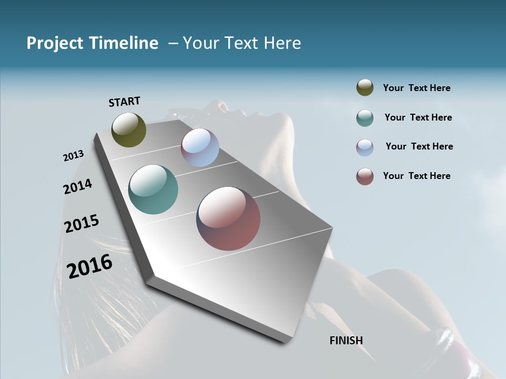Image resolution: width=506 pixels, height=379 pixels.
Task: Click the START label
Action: [x=124, y=102]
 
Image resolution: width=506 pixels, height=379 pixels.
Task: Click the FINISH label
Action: [x=346, y=341]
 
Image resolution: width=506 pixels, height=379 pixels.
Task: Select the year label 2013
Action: [x=73, y=156]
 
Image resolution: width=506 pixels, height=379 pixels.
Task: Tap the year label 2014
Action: [x=77, y=186]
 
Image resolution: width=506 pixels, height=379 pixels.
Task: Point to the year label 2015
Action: [x=81, y=224]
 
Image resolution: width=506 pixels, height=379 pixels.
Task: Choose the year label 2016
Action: [x=90, y=266]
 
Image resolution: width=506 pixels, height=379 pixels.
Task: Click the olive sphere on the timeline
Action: [x=129, y=129]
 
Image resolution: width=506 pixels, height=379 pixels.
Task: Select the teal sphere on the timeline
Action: [x=153, y=189]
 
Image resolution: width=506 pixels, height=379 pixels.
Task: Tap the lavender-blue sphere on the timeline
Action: [x=200, y=147]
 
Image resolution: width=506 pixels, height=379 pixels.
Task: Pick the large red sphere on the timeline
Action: [x=228, y=218]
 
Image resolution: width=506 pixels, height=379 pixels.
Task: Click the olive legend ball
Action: [x=365, y=88]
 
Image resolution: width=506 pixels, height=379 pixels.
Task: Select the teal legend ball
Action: [x=365, y=118]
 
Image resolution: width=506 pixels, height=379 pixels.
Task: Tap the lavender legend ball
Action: [x=365, y=147]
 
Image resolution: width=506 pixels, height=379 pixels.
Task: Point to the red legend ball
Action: [x=365, y=176]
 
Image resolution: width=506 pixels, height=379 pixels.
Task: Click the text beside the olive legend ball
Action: [x=416, y=88]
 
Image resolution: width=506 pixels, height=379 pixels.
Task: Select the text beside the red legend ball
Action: [x=416, y=176]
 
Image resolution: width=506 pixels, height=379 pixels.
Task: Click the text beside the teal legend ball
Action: [x=418, y=117]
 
